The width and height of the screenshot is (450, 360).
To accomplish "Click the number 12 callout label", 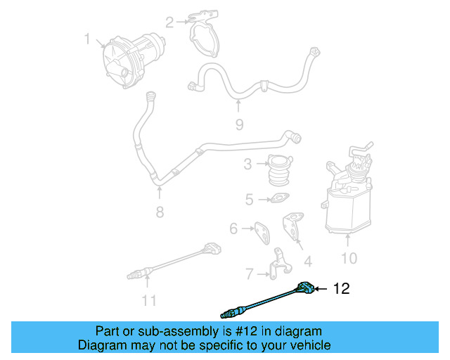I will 340,288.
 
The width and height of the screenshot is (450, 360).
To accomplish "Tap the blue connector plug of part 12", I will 304,288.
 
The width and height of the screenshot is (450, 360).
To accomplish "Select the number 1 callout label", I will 87,40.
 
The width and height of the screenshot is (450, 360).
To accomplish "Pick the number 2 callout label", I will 169,22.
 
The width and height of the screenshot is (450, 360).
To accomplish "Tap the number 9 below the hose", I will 239,124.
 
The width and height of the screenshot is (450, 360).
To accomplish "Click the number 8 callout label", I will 160,212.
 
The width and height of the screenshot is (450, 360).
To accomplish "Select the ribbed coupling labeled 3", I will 280,171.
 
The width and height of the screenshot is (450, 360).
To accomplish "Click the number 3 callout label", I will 248,165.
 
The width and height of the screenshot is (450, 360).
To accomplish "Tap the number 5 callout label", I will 249,200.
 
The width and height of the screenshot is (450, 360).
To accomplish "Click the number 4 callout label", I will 307,262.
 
